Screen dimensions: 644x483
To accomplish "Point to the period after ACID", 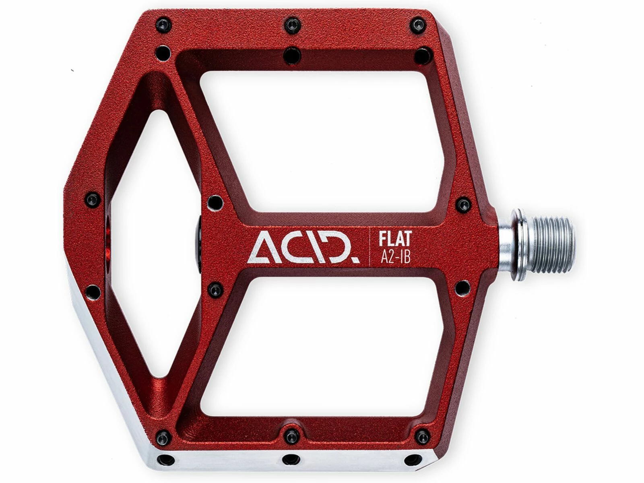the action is click(356, 259).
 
